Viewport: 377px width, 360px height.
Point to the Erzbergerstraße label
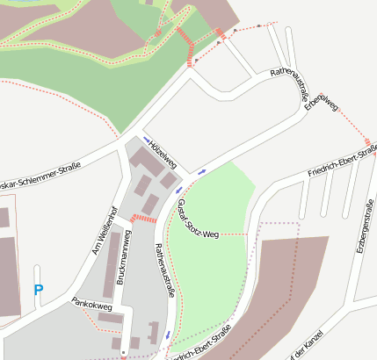(363, 227)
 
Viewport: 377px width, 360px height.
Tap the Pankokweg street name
(92, 307)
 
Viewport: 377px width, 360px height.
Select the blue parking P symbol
(38, 289)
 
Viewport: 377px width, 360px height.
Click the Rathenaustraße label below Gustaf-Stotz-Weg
(165, 271)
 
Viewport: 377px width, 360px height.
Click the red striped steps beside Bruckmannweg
(142, 217)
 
